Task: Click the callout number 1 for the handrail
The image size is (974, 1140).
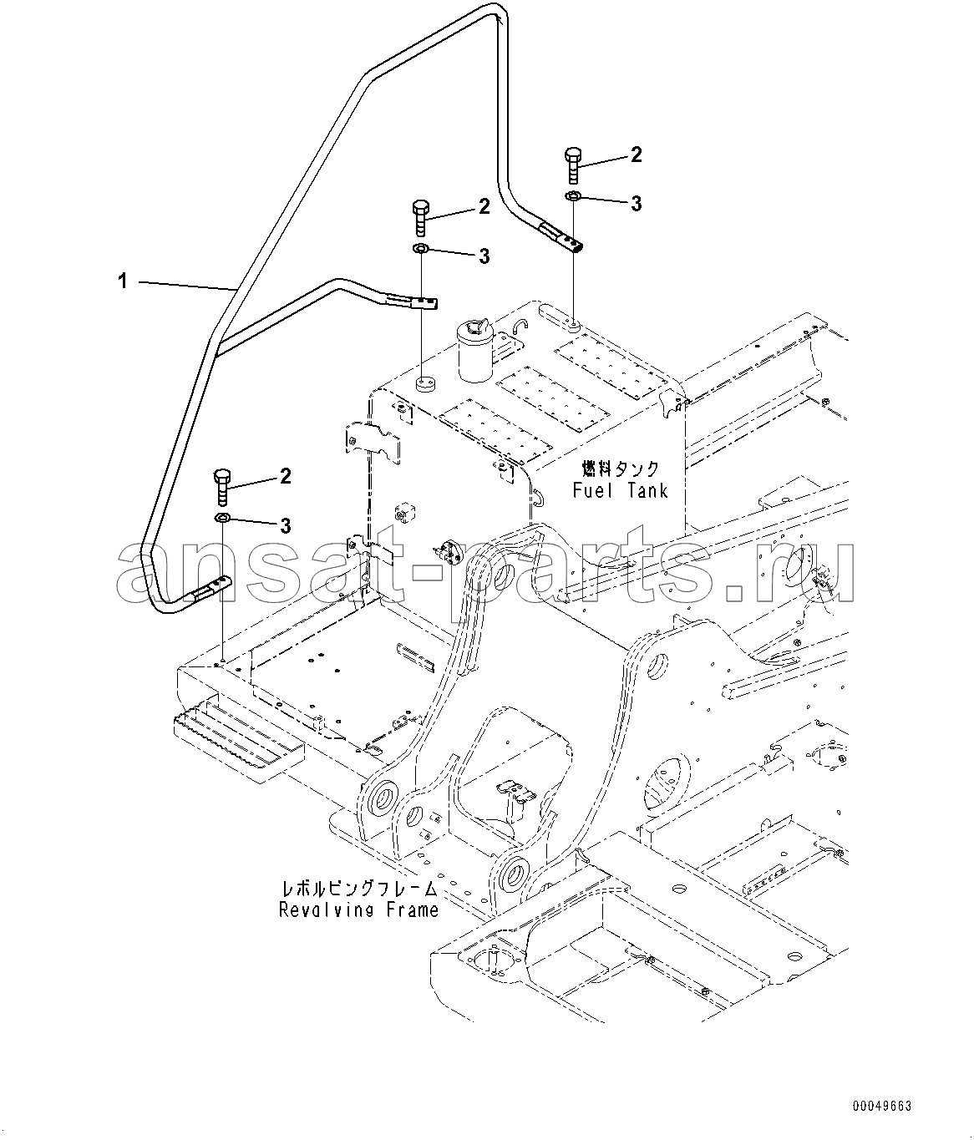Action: click(x=123, y=282)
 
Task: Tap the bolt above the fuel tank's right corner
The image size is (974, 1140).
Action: click(x=573, y=165)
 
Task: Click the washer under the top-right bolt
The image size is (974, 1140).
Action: click(x=573, y=196)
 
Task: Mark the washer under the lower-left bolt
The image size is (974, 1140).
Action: click(x=222, y=519)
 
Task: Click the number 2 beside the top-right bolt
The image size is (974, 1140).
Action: click(x=637, y=155)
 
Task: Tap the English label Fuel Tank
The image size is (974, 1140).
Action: click(x=621, y=490)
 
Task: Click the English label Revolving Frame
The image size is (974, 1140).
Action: click(x=358, y=909)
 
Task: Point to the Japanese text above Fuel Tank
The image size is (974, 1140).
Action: click(x=621, y=469)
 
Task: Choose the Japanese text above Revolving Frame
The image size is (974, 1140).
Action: click(x=358, y=889)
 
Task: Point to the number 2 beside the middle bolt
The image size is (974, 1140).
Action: click(x=484, y=206)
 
